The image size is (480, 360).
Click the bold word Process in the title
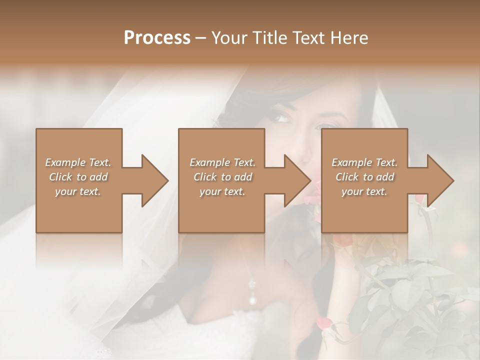[x=157, y=38]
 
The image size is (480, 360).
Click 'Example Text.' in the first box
[x=78, y=162]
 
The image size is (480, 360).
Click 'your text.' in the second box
[x=222, y=191]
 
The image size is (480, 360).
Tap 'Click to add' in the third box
[x=364, y=177]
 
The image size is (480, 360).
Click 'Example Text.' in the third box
[x=364, y=162]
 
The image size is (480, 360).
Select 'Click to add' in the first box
[x=78, y=177]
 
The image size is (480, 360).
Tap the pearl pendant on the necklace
[x=253, y=300]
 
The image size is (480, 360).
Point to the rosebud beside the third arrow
[x=420, y=199]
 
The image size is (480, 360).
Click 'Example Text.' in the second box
[x=222, y=162]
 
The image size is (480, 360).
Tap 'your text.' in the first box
[x=78, y=191]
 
